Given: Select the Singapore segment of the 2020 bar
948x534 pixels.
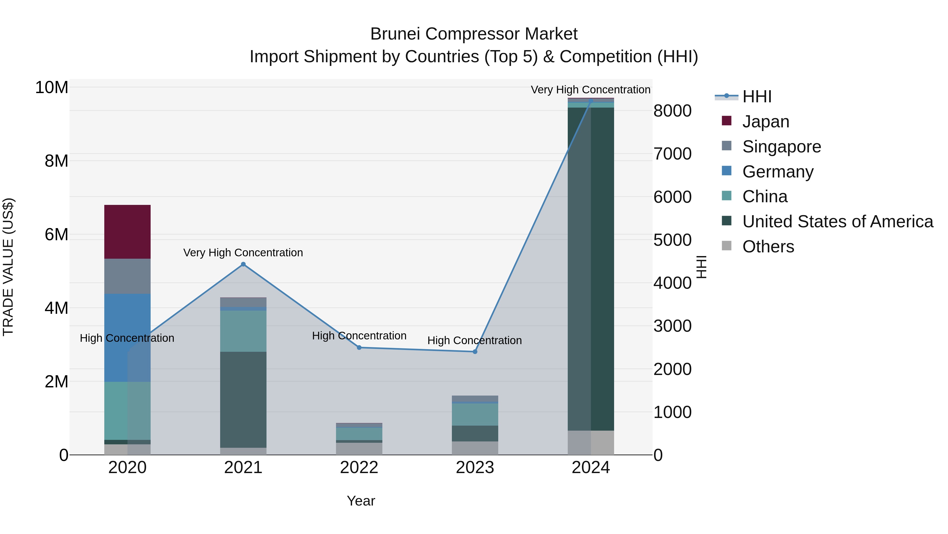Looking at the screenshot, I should click(127, 276).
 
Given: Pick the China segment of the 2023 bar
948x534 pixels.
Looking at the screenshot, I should click(475, 414).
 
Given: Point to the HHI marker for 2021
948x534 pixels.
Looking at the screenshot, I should click(243, 264).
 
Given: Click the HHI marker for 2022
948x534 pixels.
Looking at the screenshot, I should click(359, 348).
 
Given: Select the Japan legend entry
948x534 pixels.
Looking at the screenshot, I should click(766, 122).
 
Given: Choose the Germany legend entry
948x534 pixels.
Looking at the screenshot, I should click(778, 172).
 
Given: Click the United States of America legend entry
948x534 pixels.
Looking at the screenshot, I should click(837, 222).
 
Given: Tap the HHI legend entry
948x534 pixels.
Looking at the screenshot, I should click(757, 97).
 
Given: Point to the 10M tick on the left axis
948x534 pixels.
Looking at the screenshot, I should click(52, 88).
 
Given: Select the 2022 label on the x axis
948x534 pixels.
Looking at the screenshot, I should click(359, 468).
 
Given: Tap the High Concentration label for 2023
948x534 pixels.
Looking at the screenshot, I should click(474, 340).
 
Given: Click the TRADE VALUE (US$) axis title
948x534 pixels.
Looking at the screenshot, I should click(8, 267).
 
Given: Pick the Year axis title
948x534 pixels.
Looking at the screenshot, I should click(361, 501).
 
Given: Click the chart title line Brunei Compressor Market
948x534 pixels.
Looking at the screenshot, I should click(474, 34).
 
